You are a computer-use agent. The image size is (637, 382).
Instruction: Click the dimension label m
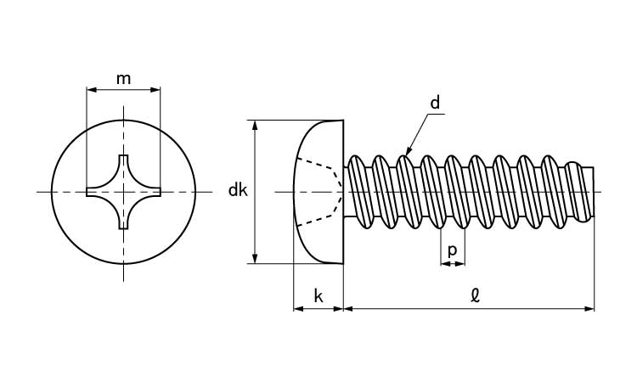coord(123,79)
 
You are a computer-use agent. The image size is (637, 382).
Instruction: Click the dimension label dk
coord(237,191)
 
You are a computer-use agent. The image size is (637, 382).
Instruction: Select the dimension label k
coord(318,296)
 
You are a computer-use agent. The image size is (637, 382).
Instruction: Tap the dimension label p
coord(452,250)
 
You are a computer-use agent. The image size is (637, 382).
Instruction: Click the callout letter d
coord(435,104)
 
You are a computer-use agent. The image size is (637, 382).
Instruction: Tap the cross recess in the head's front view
coord(123,192)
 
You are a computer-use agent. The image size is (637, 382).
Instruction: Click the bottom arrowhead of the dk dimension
coord(255,259)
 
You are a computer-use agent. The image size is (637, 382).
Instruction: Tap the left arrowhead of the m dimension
coord(91,88)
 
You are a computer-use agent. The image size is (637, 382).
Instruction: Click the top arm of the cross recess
coord(123,163)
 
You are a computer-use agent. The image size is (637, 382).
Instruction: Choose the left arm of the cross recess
coord(93,192)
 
